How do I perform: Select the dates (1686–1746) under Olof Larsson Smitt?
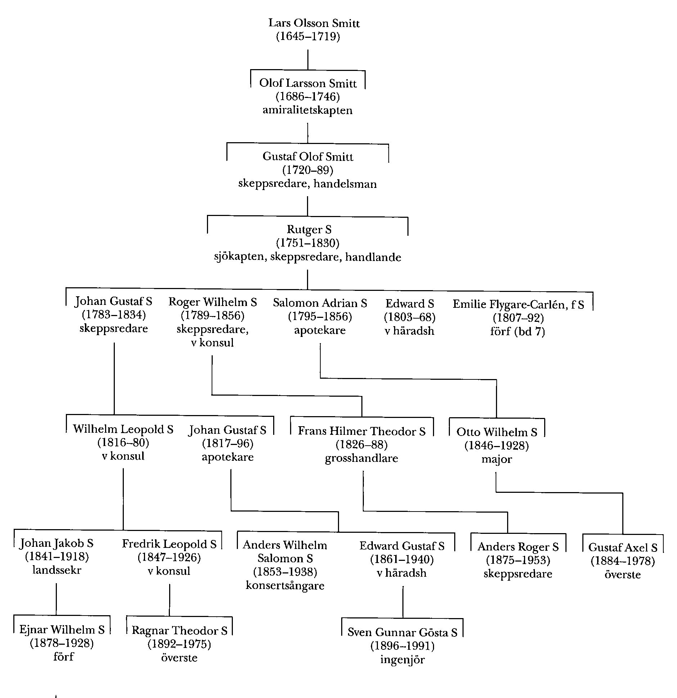tap(308, 96)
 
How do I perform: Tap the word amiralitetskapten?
tap(307, 110)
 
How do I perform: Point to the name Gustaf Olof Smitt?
tap(308, 157)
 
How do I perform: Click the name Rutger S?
tap(309, 230)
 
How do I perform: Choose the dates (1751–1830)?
tap(308, 243)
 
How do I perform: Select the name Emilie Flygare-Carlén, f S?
tap(518, 305)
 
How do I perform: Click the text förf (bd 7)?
tap(518, 331)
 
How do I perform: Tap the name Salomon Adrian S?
tap(320, 303)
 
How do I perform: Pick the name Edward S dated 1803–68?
tap(410, 304)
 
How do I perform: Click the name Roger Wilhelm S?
tap(213, 302)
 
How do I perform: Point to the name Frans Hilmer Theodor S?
tap(361, 431)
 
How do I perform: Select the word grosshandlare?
tap(361, 459)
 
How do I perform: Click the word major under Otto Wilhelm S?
tap(497, 460)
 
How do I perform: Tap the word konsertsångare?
tap(285, 585)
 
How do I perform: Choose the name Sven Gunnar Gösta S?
tap(402, 632)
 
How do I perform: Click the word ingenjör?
tap(402, 659)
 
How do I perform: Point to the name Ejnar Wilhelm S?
tap(62, 629)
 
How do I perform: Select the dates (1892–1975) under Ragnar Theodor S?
tap(179, 644)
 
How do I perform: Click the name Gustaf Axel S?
tap(623, 548)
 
